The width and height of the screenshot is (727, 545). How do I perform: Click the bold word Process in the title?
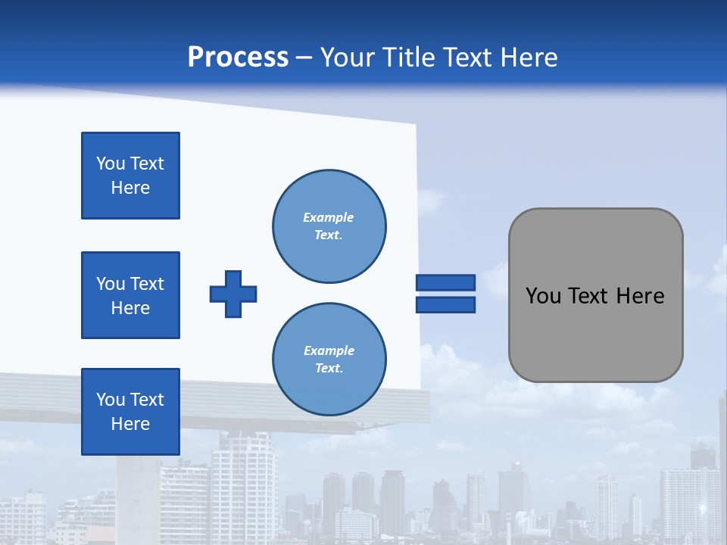click(x=238, y=58)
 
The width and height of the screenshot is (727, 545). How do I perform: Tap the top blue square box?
click(x=130, y=176)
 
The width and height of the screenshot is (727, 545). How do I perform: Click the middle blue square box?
click(x=130, y=295)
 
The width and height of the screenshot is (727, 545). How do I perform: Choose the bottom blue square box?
click(x=130, y=412)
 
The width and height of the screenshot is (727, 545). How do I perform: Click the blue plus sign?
click(x=233, y=294)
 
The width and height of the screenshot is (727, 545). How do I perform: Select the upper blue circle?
click(x=329, y=226)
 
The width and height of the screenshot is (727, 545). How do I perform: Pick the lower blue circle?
click(x=329, y=360)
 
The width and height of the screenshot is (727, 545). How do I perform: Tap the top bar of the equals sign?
click(x=445, y=282)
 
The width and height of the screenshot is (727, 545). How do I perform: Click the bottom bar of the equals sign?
click(x=445, y=305)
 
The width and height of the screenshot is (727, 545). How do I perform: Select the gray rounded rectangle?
click(x=595, y=295)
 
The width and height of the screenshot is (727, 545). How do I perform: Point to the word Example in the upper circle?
click(x=328, y=217)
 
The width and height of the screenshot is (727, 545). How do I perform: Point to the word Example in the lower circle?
click(x=329, y=350)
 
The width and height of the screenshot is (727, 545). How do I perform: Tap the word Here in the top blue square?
click(x=130, y=188)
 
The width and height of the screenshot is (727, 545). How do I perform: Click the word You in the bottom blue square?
click(x=110, y=400)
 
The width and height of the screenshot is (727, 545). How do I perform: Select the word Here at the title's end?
click(x=529, y=58)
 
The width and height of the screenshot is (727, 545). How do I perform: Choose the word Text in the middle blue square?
click(x=146, y=284)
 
